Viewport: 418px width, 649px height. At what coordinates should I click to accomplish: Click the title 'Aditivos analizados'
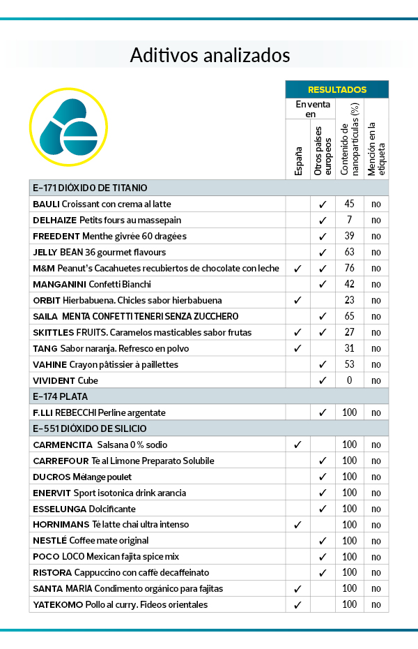(x=210, y=55)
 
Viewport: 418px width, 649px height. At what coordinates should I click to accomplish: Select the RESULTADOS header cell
(x=336, y=90)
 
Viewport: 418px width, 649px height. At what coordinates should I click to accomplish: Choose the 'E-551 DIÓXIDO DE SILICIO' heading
(x=89, y=428)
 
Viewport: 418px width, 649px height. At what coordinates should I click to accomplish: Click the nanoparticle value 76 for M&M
(x=349, y=268)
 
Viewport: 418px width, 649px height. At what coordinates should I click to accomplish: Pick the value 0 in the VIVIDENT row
(x=349, y=380)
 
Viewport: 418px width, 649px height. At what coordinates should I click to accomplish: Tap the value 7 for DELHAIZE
(x=349, y=220)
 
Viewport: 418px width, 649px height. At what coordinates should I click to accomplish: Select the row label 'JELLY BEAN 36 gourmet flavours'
(x=99, y=252)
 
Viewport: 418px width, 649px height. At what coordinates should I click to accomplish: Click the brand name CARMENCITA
(x=63, y=445)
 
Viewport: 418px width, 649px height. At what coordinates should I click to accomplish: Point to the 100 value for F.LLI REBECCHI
(x=349, y=412)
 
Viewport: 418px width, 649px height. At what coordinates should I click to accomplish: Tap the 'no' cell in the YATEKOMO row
(x=376, y=604)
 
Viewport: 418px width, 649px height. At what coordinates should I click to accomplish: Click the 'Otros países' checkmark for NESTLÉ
(x=323, y=541)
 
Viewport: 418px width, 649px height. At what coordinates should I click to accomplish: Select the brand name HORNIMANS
(x=61, y=524)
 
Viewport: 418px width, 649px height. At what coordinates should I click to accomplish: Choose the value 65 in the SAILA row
(x=349, y=316)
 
